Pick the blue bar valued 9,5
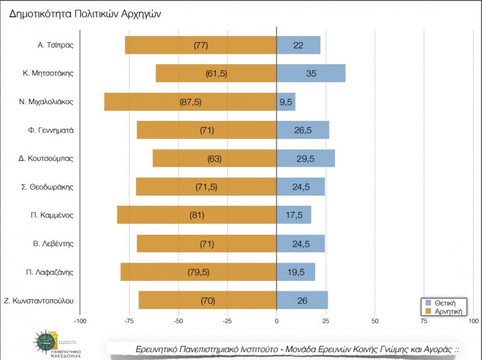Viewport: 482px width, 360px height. [x=286, y=102]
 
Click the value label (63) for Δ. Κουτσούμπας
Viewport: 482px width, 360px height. [x=214, y=159]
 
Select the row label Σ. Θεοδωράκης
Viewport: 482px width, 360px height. [x=51, y=187]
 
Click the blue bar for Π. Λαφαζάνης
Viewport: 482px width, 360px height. [x=295, y=272]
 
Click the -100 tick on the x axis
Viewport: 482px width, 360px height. [x=80, y=321]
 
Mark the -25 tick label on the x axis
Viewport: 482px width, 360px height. [x=227, y=321]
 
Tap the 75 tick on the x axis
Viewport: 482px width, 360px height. [x=424, y=321]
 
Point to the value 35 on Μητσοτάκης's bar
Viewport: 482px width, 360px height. [x=311, y=73]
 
